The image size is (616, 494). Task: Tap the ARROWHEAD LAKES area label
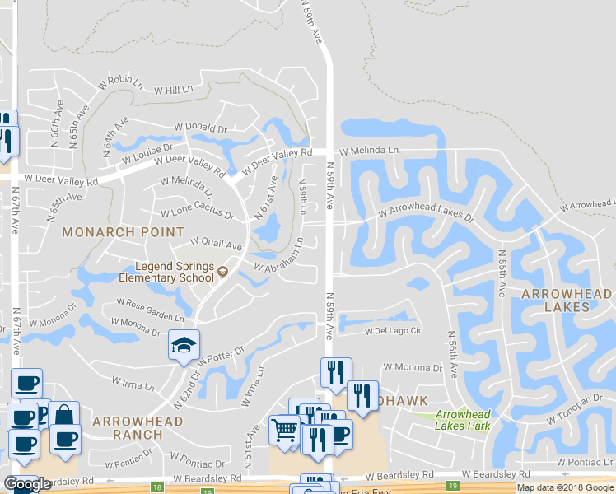click(x=567, y=299)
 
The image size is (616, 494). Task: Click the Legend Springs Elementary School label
click(x=166, y=273)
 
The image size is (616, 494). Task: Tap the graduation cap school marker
click(x=184, y=344)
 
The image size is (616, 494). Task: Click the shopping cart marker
click(x=285, y=429)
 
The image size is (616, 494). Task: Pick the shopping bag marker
click(x=63, y=414)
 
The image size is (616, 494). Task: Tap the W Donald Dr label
click(x=200, y=129)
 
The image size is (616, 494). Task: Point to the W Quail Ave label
click(x=217, y=244)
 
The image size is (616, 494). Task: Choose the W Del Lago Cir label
click(x=393, y=332)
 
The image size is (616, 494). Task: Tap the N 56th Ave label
click(x=452, y=355)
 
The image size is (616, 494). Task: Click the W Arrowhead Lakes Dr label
click(x=427, y=214)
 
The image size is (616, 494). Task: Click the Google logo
click(x=28, y=484)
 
